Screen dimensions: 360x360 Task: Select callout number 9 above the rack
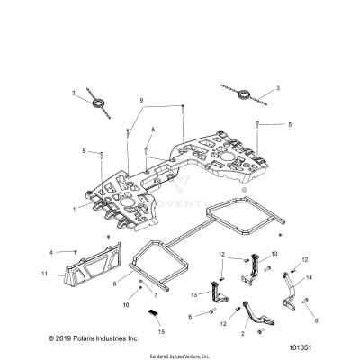pyautogui.click(x=140, y=100)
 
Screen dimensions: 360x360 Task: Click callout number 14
pyautogui.click(x=310, y=278)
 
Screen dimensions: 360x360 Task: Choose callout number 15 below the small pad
pyautogui.click(x=162, y=332)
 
